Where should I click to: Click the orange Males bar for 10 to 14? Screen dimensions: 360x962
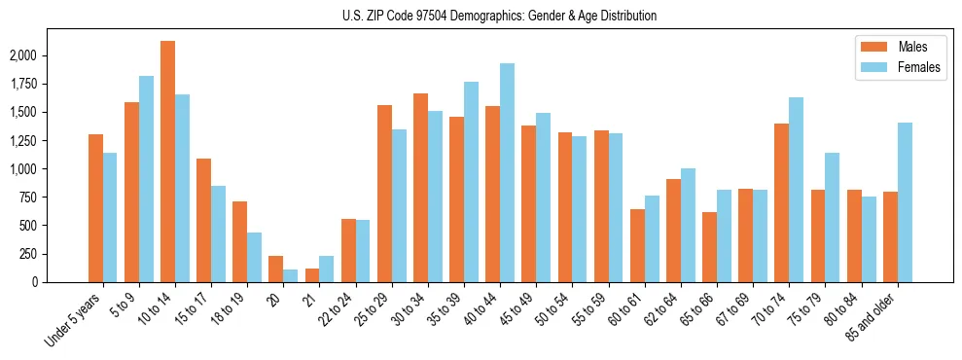[167, 162]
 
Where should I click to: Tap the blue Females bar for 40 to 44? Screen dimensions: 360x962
[507, 172]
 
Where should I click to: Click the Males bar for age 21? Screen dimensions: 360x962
[312, 275]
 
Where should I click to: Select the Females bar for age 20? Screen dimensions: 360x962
[290, 275]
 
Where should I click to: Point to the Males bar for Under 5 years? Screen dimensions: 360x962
[95, 208]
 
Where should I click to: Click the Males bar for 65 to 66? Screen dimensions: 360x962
[709, 247]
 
